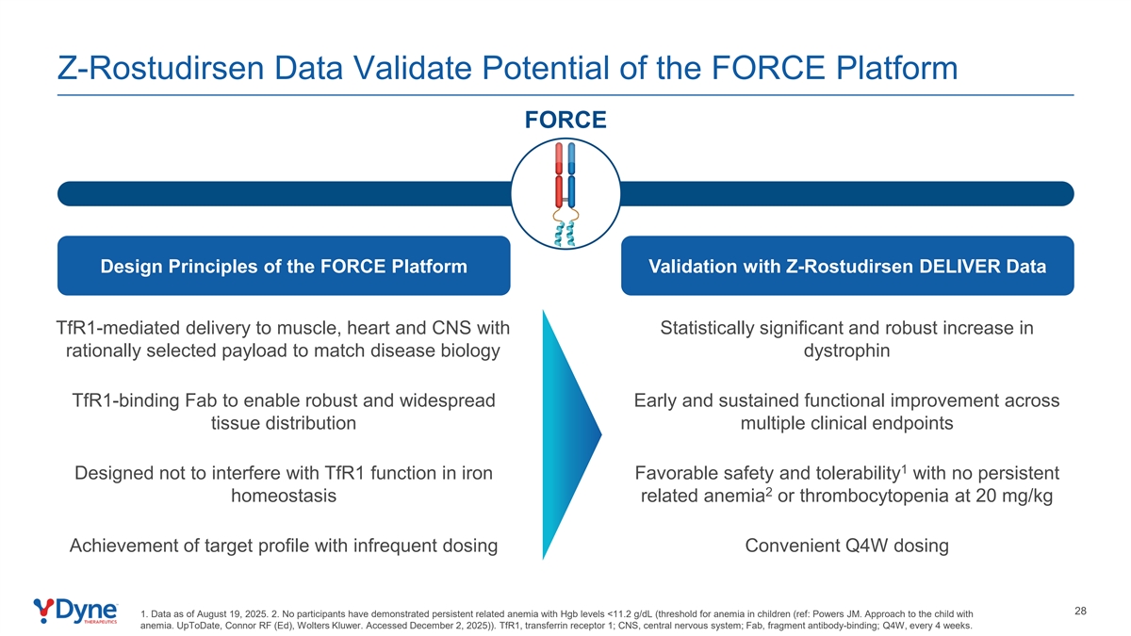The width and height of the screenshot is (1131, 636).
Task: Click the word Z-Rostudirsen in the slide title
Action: coord(160,68)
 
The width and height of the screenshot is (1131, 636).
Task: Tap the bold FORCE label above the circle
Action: coord(565,121)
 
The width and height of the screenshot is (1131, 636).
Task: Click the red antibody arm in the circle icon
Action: coord(559,174)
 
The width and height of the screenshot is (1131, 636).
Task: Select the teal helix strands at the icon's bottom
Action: coord(565,234)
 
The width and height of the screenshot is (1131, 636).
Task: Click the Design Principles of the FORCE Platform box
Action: coord(284,266)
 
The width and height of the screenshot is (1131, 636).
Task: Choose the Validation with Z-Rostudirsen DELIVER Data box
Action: coord(847,266)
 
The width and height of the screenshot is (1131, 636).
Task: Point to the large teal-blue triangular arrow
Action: coord(571,434)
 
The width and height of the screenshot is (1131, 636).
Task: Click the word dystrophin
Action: coord(846,351)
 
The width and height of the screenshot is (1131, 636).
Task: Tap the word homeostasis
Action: coord(284,496)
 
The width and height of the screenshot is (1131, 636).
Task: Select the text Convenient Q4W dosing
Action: coord(846,546)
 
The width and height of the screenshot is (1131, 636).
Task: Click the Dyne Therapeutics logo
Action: coord(75,612)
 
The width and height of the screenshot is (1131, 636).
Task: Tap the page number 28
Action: coord(1080,612)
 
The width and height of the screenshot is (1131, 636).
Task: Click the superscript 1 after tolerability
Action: coord(904,469)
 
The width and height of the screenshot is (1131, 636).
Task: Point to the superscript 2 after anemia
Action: coord(768,492)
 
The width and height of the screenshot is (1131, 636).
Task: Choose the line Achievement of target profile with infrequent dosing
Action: coord(284,546)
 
